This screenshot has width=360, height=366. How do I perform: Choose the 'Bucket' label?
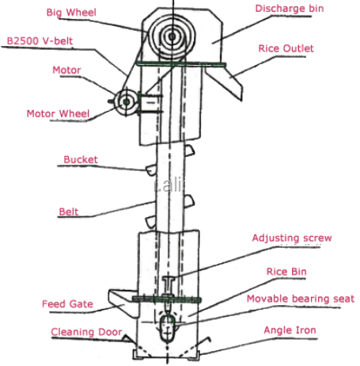point(81,159)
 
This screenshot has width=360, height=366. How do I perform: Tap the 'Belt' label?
point(69,212)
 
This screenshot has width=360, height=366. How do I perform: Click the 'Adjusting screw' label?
point(291,238)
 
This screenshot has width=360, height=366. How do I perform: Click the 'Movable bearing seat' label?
point(299,299)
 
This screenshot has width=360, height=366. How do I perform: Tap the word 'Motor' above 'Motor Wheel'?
point(67,70)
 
